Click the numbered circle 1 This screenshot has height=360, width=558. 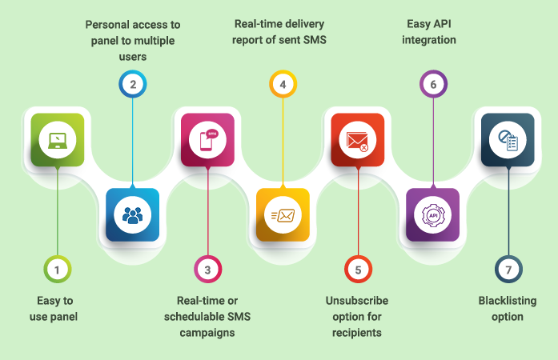coord(57,270)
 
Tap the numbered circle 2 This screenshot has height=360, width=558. coord(132,84)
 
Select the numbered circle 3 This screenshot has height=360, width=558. coord(207,270)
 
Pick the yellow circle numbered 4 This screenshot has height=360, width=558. coord(283,84)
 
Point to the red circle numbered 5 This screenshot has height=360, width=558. coord(358,270)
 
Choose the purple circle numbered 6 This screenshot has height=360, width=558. coord(433,84)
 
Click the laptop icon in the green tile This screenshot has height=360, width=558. coord(57,140)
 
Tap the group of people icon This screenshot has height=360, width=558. coord(132,214)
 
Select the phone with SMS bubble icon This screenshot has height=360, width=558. coord(207,140)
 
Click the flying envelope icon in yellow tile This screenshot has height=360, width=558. coord(283,214)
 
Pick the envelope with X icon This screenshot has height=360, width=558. coord(358,140)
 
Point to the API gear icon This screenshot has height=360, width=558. coord(433,214)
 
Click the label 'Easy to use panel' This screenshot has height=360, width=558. coord(57,309)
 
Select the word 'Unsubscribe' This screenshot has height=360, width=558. coord(357,301)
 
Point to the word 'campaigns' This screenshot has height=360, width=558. coord(207,332)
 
